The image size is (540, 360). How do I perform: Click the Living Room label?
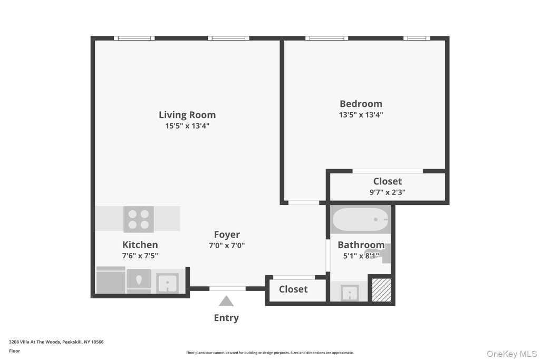tap(187, 114)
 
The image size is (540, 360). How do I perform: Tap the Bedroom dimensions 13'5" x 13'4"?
tap(361, 114)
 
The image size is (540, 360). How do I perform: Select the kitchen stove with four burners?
tap(139, 219)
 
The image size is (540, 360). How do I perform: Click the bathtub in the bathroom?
tap(361, 219)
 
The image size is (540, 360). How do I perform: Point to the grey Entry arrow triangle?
tap(226, 301)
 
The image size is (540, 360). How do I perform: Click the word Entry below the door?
tap(226, 318)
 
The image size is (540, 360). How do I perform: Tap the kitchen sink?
tap(167, 283)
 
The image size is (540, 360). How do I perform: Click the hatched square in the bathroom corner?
tap(382, 290)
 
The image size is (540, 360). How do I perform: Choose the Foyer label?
tap(227, 235)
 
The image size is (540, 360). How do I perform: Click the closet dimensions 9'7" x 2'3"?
tap(388, 192)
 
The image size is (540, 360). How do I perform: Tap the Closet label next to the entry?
tap(293, 289)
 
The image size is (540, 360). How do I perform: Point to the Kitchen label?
tap(140, 245)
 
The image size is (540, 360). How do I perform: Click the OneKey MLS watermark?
tap(512, 354)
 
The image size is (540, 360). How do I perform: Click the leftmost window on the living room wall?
tap(134, 38)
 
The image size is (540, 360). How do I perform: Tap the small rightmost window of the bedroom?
tap(417, 38)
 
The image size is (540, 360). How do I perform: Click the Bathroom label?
tap(361, 245)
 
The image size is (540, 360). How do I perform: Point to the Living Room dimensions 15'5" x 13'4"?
tap(187, 125)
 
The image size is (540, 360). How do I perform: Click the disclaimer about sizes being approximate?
tap(269, 353)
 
